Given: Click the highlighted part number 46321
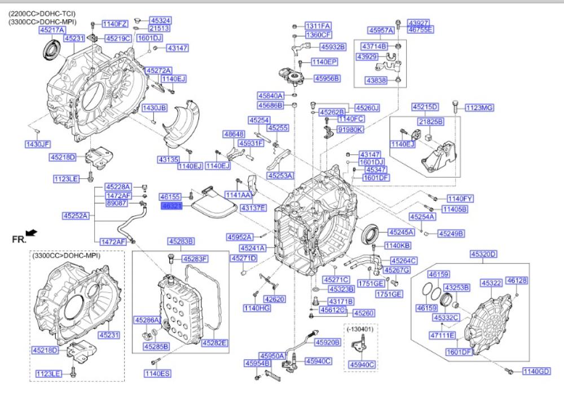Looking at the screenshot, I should tap(171, 207).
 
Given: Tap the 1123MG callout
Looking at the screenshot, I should tap(479, 107).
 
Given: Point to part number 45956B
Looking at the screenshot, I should tap(327, 78).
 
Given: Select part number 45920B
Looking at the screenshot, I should tap(327, 342).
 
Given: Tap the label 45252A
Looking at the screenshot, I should tap(75, 215).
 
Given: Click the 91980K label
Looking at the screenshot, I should tap(350, 130).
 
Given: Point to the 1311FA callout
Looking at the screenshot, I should tap(318, 26).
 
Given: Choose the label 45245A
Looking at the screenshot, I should tap(400, 231).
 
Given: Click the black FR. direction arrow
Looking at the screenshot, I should tap(32, 232).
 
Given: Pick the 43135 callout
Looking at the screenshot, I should tap(168, 160).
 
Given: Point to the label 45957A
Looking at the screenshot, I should tap(381, 30).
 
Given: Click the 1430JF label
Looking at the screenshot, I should tap(38, 144).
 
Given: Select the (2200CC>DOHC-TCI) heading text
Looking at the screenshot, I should tap(42, 13).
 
